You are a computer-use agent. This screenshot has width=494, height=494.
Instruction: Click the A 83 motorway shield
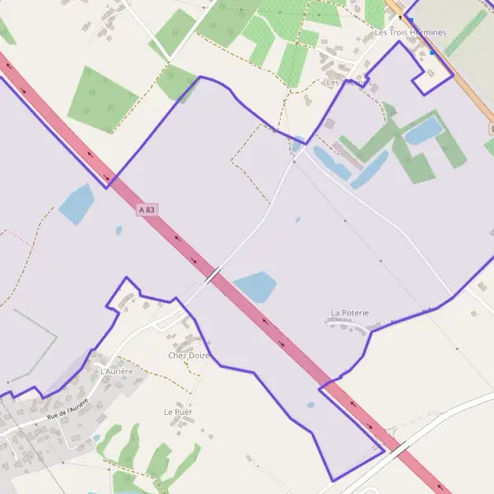coord(147,211)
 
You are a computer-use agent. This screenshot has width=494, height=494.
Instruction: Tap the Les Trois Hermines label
coord(410,33)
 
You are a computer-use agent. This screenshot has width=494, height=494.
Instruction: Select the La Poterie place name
coord(350,313)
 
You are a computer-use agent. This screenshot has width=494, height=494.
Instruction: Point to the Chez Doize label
coord(189,356)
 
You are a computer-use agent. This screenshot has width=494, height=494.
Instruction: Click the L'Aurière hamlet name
coord(116,372)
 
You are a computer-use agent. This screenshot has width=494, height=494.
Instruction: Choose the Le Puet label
coord(179,411)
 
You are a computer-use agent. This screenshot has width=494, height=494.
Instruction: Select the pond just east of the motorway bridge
coord(255,287)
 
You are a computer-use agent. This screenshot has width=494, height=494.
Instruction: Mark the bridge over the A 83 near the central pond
coord(212,274)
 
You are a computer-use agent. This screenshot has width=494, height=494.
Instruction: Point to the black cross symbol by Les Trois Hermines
coord(401,16)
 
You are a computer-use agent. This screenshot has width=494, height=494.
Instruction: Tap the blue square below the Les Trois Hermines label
coord(431,53)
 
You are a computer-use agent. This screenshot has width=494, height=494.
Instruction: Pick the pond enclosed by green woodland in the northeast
coord(423,130)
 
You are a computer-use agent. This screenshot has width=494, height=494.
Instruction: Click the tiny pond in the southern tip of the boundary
coord(310,404)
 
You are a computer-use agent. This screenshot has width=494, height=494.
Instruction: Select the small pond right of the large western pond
coord(119,231)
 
